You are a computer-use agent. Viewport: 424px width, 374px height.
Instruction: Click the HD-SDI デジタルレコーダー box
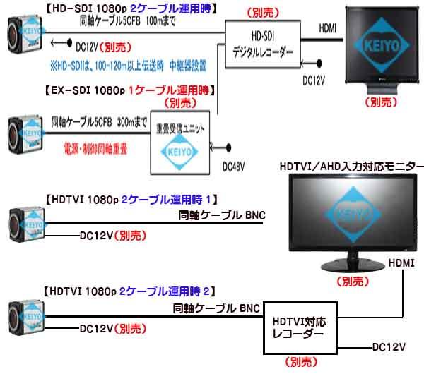(x=259, y=43)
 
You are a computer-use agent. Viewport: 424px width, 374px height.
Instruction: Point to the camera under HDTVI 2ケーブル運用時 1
(x=25, y=225)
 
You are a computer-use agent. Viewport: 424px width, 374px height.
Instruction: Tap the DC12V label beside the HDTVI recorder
(x=389, y=347)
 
